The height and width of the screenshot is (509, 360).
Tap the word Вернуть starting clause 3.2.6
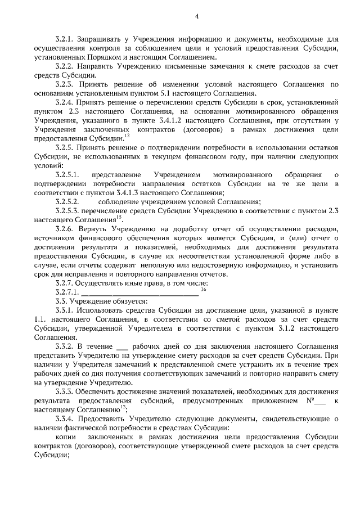pyautogui.click(x=93, y=231)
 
